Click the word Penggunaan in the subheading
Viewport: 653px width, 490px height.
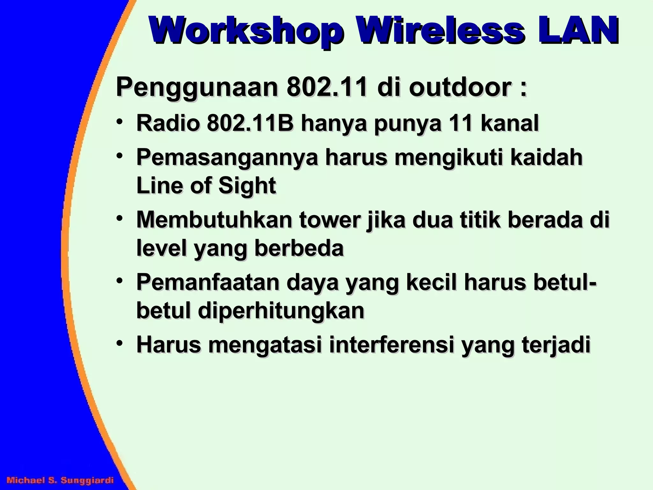point(197,87)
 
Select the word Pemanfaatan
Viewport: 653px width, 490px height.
point(208,283)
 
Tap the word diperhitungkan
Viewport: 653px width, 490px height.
point(281,311)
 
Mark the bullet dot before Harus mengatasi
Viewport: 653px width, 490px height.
point(120,344)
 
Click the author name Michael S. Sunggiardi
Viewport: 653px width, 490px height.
point(60,480)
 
